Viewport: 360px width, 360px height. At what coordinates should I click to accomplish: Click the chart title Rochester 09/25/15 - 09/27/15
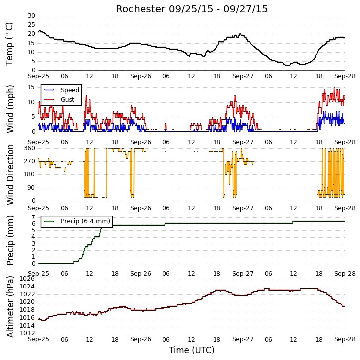(x=192, y=9)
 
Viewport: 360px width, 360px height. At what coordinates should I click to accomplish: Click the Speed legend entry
(x=62, y=90)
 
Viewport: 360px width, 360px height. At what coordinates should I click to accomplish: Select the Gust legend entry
(x=60, y=99)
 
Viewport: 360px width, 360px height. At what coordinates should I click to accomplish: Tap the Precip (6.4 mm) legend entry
(x=77, y=221)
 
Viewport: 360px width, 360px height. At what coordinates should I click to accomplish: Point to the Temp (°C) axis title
(x=9, y=44)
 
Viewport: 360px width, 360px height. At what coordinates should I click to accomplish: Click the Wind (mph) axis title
(x=10, y=109)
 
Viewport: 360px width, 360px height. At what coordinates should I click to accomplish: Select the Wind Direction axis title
(x=10, y=175)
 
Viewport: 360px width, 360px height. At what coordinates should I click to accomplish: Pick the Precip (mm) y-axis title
(x=10, y=241)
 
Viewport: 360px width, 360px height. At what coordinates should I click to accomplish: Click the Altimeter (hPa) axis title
(x=10, y=306)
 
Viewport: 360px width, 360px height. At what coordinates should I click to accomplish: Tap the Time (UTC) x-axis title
(x=192, y=350)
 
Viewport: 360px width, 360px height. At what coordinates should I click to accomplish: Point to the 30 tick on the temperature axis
(x=31, y=16)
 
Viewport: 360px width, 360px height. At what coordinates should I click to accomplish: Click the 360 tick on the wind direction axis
(x=30, y=148)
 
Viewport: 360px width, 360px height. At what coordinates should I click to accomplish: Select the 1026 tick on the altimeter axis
(x=27, y=279)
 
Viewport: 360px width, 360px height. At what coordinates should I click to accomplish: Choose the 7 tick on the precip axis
(x=33, y=217)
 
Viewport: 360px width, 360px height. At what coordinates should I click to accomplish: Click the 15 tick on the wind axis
(x=31, y=87)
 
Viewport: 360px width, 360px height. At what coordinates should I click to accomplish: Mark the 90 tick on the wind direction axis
(x=31, y=188)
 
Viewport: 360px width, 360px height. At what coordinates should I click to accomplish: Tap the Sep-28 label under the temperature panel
(x=345, y=76)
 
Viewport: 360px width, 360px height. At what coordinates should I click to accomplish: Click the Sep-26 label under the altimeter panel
(x=141, y=339)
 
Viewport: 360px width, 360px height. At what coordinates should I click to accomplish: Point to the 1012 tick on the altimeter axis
(x=27, y=333)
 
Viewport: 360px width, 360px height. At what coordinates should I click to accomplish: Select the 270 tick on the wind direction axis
(x=30, y=161)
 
